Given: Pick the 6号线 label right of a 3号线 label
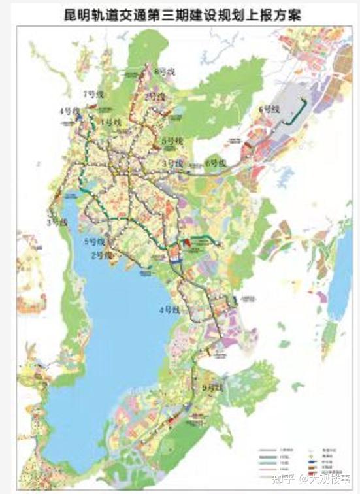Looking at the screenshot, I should pos(215,163).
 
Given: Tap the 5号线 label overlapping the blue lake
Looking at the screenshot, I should pos(95,242).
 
